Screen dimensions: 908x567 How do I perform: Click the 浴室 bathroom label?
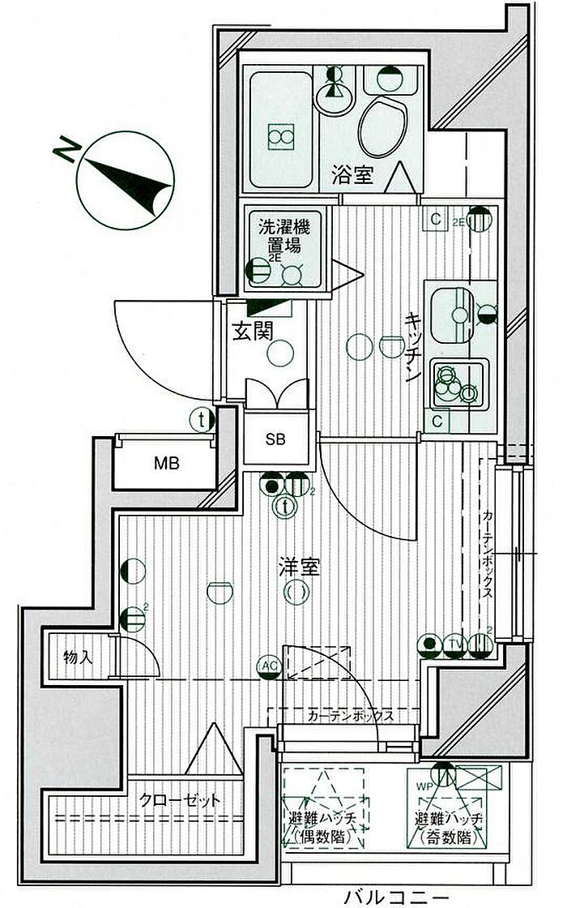(352, 174)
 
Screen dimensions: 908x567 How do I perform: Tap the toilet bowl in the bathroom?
(382, 128)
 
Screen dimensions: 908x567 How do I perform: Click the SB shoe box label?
(275, 439)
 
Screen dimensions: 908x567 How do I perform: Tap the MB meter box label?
(167, 465)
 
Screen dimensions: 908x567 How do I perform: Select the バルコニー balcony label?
(395, 897)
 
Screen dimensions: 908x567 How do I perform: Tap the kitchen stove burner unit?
(454, 383)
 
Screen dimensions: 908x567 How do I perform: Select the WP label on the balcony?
(424, 786)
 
